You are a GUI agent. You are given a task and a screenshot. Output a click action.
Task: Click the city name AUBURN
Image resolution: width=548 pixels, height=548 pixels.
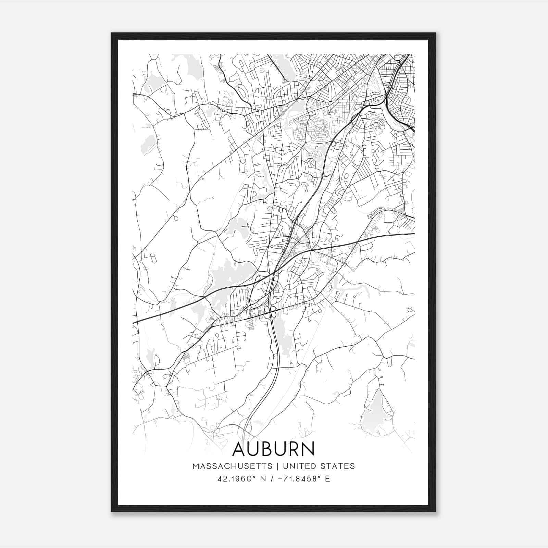[273, 449]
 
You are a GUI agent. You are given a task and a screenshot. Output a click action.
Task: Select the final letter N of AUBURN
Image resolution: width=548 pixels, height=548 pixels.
[307, 449]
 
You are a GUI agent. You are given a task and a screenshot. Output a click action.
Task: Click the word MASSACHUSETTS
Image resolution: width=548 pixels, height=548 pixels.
[232, 466]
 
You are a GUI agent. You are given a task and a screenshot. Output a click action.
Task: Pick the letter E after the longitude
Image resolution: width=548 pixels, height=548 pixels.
[328, 479]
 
